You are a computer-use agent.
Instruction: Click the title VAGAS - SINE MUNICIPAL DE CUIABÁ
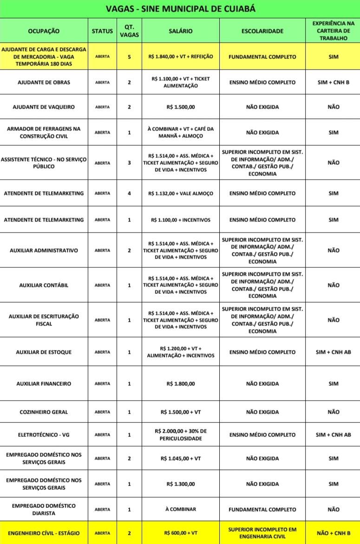[x=180, y=9]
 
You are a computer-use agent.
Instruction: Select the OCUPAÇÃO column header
[x=44, y=31]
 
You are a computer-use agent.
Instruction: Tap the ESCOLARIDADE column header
[x=262, y=31]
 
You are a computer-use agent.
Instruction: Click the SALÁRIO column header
[x=181, y=31]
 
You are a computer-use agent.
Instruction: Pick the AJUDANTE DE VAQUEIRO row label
[x=44, y=107]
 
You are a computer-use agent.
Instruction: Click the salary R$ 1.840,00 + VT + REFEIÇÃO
[x=181, y=57]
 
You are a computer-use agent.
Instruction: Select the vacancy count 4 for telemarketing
[x=129, y=193]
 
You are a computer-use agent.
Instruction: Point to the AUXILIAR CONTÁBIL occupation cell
[x=44, y=285]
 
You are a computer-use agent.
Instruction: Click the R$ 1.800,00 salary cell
[x=181, y=384]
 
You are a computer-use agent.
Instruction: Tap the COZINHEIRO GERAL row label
[x=44, y=412]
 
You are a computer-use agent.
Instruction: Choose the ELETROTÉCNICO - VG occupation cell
[x=44, y=435]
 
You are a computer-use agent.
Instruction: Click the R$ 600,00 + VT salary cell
[x=181, y=533]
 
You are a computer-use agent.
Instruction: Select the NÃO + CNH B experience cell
[x=333, y=533]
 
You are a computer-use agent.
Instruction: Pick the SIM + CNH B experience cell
[x=333, y=82]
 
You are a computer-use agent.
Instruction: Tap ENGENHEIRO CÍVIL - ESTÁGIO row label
[x=44, y=533]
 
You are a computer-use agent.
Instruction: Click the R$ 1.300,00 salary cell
[x=181, y=484]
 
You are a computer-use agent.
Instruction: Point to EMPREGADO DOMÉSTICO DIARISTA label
[x=44, y=509]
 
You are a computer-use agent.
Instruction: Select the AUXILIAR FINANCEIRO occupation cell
[x=44, y=384]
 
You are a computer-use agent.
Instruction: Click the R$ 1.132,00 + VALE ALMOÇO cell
[x=181, y=193]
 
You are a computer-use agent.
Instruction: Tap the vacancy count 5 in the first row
[x=129, y=57]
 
